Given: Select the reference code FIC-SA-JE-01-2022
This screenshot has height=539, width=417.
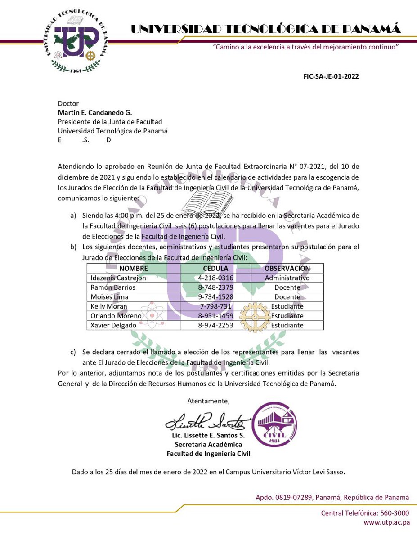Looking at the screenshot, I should tap(331, 76).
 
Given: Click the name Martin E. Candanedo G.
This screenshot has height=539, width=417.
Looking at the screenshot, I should tap(95, 112).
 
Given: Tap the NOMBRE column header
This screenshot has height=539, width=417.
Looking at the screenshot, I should tap(133, 269).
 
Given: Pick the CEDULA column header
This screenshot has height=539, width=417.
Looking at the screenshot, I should tap(215, 269).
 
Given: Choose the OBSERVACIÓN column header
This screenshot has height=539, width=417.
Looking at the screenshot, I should tap(287, 269).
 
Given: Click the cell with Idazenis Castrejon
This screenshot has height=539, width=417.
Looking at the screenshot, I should tap(118, 278).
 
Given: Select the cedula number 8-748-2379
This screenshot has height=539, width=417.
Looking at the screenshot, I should tap(215, 287).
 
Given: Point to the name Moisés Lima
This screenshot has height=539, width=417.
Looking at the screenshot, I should tap(109, 297).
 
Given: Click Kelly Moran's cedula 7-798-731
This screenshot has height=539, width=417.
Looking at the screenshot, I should tap(215, 306).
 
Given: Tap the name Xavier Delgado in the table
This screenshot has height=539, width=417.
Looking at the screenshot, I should tap(112, 325).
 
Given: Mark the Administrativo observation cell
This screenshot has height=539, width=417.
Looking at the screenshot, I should tap(287, 278).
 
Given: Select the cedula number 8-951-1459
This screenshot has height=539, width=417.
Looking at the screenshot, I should tap(215, 316).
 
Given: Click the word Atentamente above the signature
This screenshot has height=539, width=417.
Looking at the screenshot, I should tap(208, 401).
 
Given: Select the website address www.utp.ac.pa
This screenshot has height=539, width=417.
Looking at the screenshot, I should tap(386, 522).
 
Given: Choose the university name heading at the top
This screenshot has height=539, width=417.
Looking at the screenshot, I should tap(265, 30).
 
